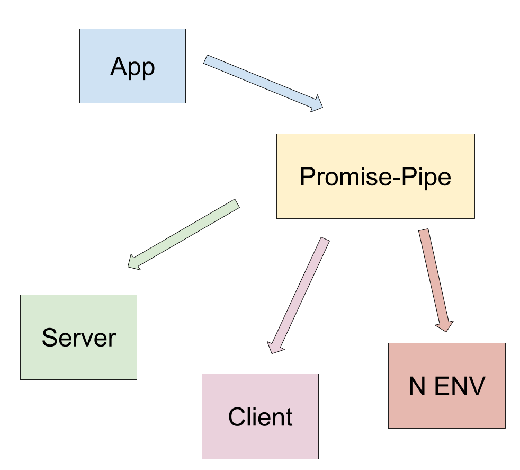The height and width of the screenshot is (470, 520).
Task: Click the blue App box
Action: pyautogui.click(x=133, y=66)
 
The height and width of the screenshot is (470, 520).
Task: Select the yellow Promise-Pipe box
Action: pyautogui.click(x=376, y=176)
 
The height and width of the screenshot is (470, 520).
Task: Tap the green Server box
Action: pyautogui.click(x=78, y=337)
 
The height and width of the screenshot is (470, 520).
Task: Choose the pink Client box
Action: pyautogui.click(x=261, y=416)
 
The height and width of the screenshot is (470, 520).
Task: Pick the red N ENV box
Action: pyautogui.click(x=447, y=386)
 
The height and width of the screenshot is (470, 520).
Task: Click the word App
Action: pyautogui.click(x=133, y=67)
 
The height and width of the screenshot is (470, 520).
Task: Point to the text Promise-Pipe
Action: pyautogui.click(x=375, y=177)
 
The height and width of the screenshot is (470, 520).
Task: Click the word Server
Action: pyautogui.click(x=79, y=338)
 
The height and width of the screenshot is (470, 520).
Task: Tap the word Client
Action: pyautogui.click(x=261, y=416)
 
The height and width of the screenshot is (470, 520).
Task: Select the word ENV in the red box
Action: pyautogui.click(x=460, y=386)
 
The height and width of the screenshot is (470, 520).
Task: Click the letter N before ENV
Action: pyautogui.click(x=417, y=386)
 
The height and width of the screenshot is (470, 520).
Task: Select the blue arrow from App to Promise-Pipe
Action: pyautogui.click(x=263, y=83)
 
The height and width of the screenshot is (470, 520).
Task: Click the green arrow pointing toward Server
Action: pyautogui.click(x=184, y=235)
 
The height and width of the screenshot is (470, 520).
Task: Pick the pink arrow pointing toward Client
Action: pyautogui.click(x=299, y=296)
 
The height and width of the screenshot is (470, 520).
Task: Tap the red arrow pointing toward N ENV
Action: pyautogui.click(x=436, y=280)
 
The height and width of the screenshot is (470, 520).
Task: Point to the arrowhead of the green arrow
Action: pyautogui.click(x=133, y=263)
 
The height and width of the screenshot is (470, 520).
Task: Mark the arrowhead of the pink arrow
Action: pyautogui.click(x=275, y=348)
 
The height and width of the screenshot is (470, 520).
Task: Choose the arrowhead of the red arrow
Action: pyautogui.click(x=445, y=326)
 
